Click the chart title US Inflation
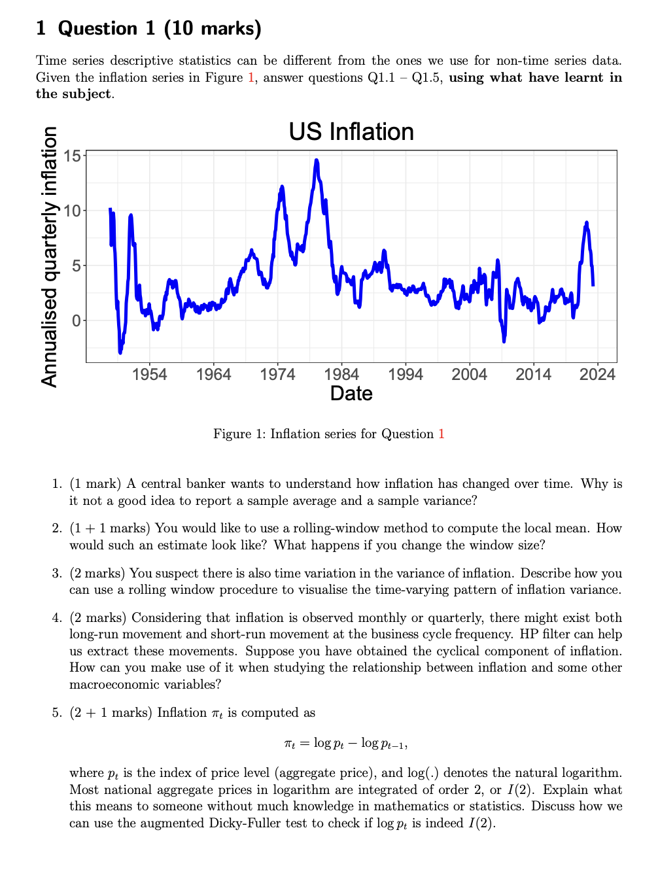[351, 131]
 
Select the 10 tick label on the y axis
[72, 211]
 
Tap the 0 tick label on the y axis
[77, 320]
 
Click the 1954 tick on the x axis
[149, 374]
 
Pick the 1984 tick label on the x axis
[341, 374]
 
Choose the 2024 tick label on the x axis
[597, 374]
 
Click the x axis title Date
[351, 394]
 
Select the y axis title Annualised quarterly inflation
[50, 256]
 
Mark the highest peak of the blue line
[317, 160]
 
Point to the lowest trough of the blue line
[120, 353]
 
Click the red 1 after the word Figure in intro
[251, 77]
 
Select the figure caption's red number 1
[442, 434]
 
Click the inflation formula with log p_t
[346, 743]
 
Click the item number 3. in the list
[57, 573]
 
